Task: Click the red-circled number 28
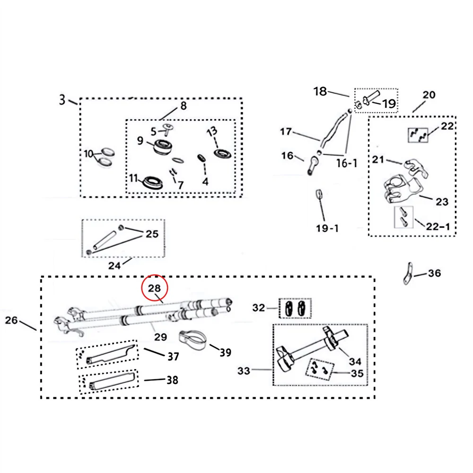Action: pos(154,288)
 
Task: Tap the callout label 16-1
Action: pos(347,163)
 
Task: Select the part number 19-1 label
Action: pos(327,228)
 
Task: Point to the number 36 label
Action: pos(434,273)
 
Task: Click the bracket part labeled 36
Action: pos(408,274)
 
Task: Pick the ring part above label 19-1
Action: pos(319,193)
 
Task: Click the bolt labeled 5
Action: pos(167,130)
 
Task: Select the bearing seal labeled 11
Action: pos(153,183)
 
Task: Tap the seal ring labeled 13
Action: pos(222,153)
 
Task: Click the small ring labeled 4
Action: pos(201,158)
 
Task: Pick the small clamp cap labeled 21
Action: pos(416,168)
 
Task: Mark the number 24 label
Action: pos(114,265)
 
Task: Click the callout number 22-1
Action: pos(438,226)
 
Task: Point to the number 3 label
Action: pos(62,99)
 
